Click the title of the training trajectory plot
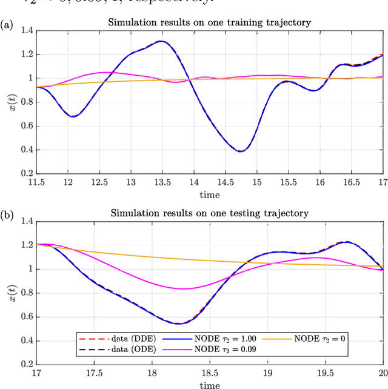click(209, 22)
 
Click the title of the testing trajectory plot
click(209, 213)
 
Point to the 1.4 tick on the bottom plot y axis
click(27, 222)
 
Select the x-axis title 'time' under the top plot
click(209, 194)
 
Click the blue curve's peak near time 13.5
click(161, 41)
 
